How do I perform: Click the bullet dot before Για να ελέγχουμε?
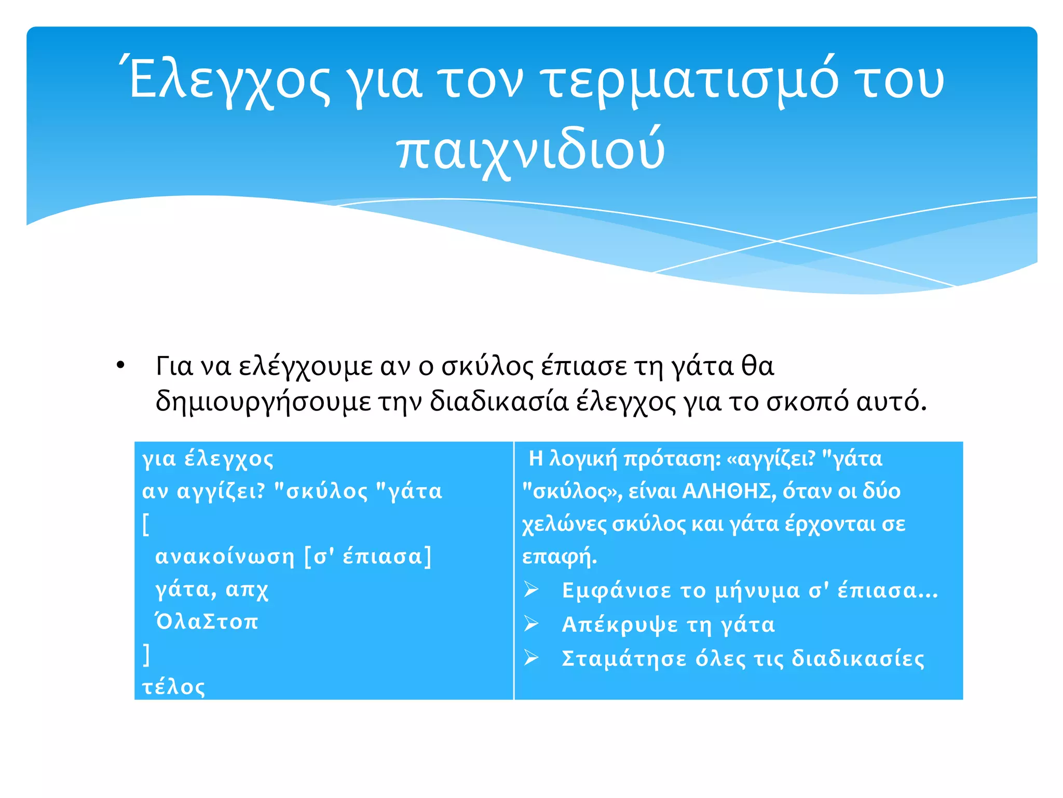point(120,365)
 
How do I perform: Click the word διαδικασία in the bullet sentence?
point(499,402)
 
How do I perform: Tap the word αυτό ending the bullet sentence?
point(890,402)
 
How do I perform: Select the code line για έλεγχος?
point(208,459)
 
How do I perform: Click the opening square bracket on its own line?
point(146,524)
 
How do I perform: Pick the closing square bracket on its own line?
point(146,654)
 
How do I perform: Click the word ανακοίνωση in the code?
point(225,556)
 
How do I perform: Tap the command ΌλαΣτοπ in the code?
point(207,621)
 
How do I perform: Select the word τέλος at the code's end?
point(174,687)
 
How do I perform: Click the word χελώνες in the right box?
point(564,524)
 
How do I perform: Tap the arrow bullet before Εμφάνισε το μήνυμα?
point(531,590)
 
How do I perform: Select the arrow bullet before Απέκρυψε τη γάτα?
point(531,623)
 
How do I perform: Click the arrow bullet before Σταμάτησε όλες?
point(531,658)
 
